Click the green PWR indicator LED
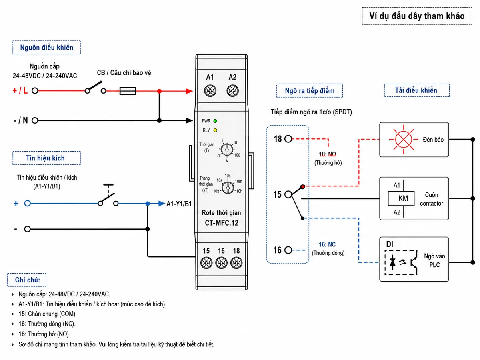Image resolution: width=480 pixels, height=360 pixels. coord(215,121)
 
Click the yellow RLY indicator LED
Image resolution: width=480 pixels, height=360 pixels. coord(215,130)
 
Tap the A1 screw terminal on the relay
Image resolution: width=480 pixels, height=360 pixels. coord(210,91)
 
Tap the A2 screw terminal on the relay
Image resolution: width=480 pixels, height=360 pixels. coord(232,91)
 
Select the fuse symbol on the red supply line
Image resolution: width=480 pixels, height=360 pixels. coord(128,91)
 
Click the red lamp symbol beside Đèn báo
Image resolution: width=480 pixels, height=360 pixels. coord(404,139)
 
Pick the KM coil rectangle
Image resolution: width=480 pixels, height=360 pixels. coord(401,198)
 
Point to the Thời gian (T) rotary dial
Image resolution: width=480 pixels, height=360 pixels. coord(227,150)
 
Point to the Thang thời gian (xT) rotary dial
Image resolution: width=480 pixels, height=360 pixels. coord(228,187)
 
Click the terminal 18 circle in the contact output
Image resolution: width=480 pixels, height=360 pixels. coord(288,139)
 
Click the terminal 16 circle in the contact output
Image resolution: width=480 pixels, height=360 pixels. coord(288,250)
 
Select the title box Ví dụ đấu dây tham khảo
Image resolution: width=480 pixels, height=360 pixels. coord(417,16)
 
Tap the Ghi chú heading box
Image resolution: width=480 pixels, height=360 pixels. coord(27,280)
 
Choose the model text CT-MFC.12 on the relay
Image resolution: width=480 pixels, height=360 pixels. coord(222,223)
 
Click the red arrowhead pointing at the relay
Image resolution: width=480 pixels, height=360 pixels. coord(189,91)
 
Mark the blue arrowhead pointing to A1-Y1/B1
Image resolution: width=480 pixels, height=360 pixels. coord(162,204)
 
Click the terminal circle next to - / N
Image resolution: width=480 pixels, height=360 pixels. coord(35,120)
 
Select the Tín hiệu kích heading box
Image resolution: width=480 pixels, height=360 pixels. coord(46,158)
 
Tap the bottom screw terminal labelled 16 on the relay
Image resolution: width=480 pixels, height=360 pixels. coord(221,262)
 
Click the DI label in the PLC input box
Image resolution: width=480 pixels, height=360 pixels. coord(390,244)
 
